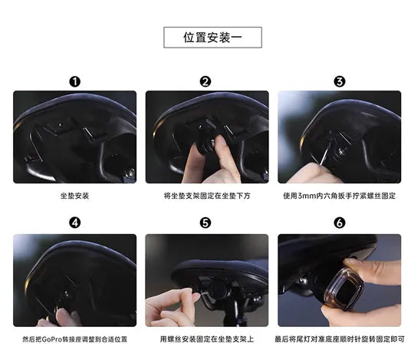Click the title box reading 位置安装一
click(212, 38)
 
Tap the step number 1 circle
click(74, 81)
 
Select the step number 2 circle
click(205, 81)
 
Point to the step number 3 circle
click(340, 81)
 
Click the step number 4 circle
click(74, 223)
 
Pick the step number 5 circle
click(205, 223)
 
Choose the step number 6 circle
click(340, 223)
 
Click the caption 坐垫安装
click(74, 196)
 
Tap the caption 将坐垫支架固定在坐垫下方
click(207, 196)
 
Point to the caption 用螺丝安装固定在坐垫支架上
click(207, 339)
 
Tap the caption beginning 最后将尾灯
click(340, 339)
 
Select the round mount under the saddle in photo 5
click(218, 289)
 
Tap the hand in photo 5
click(172, 307)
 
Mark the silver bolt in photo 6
click(304, 281)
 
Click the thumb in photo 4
click(63, 317)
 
